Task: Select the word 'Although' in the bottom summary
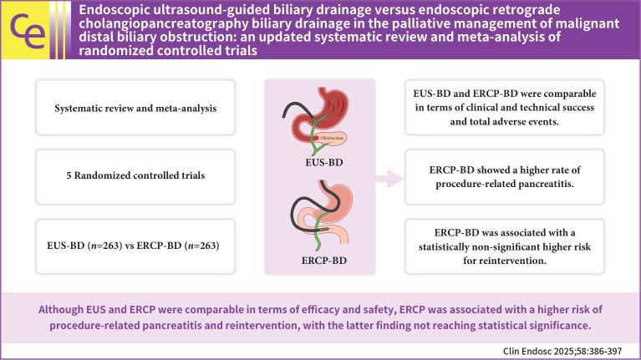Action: pos(64,306)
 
